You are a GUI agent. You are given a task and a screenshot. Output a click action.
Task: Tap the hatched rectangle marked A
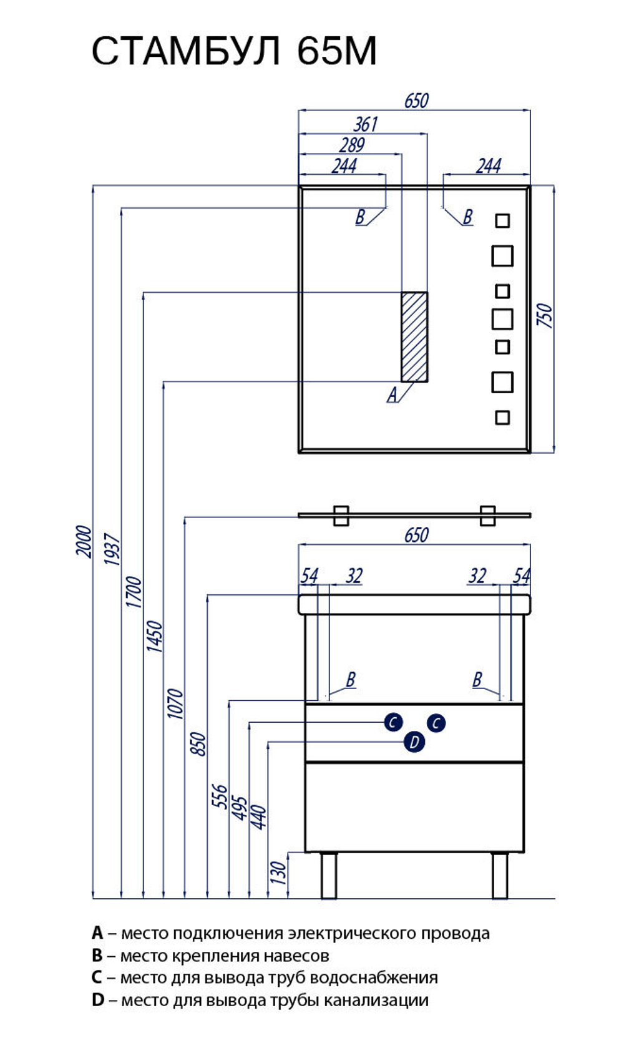414,336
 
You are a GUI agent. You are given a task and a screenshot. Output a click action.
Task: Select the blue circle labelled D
414,742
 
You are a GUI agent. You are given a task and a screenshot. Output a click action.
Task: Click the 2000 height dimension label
84,541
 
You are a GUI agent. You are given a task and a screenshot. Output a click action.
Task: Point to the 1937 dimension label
112,549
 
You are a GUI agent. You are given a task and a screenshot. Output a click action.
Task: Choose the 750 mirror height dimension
545,316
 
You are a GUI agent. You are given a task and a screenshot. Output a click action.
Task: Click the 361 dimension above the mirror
366,124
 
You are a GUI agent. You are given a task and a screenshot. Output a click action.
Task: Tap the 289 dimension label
351,145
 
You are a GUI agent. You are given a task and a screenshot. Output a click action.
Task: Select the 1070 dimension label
175,703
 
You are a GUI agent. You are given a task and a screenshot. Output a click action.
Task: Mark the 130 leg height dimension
278,873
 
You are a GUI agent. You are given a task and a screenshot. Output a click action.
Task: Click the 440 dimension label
258,818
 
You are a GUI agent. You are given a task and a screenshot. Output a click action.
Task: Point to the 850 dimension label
198,744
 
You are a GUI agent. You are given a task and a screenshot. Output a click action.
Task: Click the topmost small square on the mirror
502,220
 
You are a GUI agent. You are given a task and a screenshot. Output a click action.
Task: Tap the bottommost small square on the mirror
502,418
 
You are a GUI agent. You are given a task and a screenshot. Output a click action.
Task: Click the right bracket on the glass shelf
487,516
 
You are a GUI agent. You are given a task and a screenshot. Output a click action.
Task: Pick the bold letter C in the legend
97,977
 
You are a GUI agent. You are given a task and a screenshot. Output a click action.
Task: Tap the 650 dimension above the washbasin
416,535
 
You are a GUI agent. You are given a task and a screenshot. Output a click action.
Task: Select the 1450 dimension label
154,636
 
